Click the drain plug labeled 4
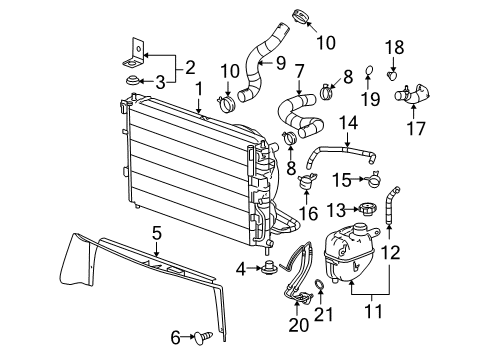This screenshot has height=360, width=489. point(271,267)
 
